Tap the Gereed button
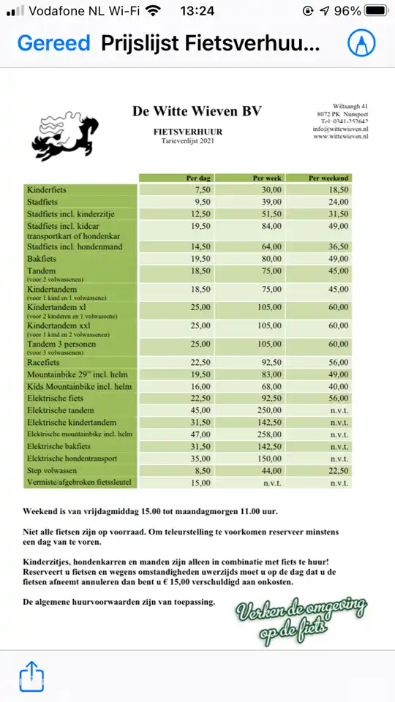tap(53, 43)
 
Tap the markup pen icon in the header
tap(361, 43)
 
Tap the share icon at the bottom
tap(31, 677)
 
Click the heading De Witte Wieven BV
tap(197, 110)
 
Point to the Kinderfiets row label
tap(47, 189)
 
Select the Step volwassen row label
tap(56, 471)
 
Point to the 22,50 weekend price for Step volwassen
tap(339, 471)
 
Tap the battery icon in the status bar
tap(376, 11)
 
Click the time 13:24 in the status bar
tap(197, 11)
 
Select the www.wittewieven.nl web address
tap(340, 136)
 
